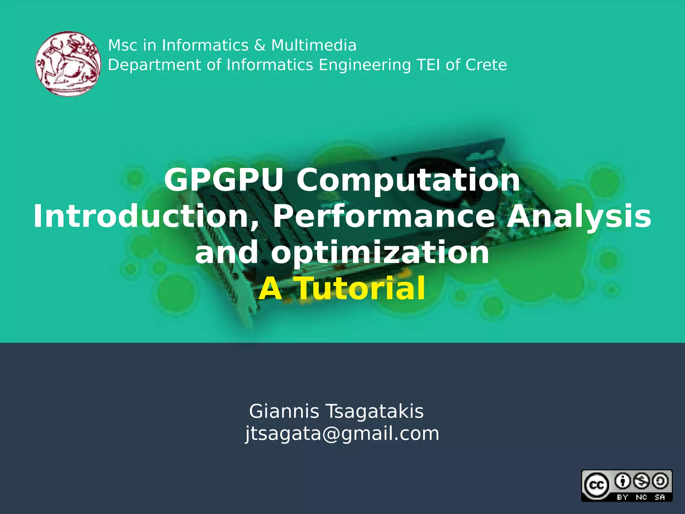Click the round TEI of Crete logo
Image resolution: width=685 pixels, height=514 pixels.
point(68,64)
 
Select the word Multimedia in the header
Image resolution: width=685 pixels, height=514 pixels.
point(314,45)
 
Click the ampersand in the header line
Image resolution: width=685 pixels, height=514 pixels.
point(260,45)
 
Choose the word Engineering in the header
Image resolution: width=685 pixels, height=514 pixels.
point(365,65)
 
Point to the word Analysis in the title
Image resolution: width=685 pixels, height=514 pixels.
point(579,217)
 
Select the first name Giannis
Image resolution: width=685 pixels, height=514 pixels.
point(284,411)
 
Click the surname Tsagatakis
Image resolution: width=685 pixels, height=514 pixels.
point(375,411)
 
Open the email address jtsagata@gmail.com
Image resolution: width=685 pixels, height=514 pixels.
point(342,434)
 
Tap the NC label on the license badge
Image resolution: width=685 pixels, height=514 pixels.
point(642,497)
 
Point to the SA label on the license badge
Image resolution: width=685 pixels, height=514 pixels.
point(660,497)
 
